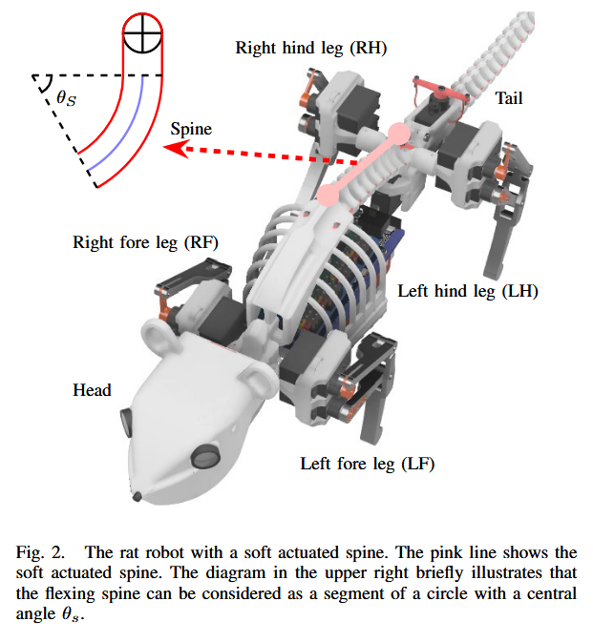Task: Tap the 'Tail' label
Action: [508, 97]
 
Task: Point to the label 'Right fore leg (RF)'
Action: [145, 242]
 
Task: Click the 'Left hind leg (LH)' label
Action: [468, 291]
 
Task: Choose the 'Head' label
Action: [92, 390]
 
